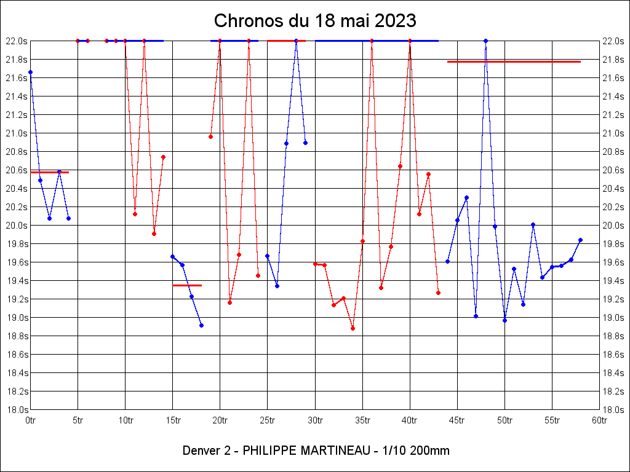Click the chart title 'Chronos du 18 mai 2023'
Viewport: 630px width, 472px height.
pos(315,21)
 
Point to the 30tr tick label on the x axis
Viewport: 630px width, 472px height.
pos(315,420)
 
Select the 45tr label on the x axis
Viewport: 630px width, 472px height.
pos(457,420)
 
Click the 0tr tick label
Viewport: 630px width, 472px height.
pos(31,420)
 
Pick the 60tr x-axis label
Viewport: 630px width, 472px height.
pos(599,420)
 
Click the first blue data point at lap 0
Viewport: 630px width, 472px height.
pos(31,72)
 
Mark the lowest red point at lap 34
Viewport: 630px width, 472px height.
pos(353,328)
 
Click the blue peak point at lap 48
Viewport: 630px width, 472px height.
pos(485,41)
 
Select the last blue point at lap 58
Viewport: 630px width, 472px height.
pos(580,240)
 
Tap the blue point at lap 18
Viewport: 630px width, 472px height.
pos(201,325)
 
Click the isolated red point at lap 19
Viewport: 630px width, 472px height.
pos(210,136)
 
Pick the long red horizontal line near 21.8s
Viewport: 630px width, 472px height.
pos(514,61)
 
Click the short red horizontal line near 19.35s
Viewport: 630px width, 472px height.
pos(187,285)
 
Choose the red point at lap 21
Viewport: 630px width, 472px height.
pos(229,302)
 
